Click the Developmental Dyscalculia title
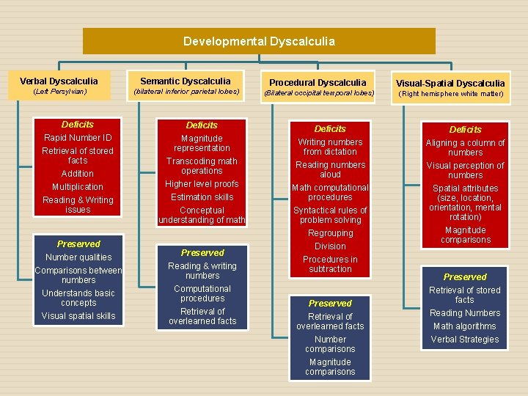(x=259, y=41)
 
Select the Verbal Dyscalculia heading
(x=59, y=81)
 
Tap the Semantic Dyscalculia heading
(x=186, y=81)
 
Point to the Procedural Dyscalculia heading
(x=318, y=83)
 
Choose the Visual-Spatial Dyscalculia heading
(x=450, y=83)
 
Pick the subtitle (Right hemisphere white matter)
(x=450, y=93)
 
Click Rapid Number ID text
(x=78, y=138)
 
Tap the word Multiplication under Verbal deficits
(x=78, y=187)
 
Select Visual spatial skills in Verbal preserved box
(x=78, y=316)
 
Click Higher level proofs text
(x=202, y=184)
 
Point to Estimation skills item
(x=202, y=197)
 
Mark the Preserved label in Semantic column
(x=202, y=253)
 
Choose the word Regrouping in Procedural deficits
(x=330, y=233)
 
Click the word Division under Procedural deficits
(x=330, y=246)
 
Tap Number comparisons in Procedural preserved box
(x=330, y=344)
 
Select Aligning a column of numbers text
(x=465, y=147)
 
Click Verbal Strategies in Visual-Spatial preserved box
(x=465, y=340)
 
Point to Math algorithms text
(x=465, y=326)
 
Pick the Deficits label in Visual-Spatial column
(x=465, y=130)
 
